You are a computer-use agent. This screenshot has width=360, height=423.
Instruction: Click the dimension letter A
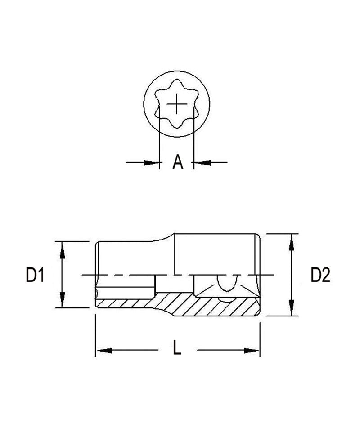[x=178, y=162]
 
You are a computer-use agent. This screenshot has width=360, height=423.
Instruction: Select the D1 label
[x=34, y=275]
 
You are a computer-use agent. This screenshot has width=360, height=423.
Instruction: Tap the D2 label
[x=320, y=275]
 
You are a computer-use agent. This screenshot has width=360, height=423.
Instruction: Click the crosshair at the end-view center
[x=178, y=104]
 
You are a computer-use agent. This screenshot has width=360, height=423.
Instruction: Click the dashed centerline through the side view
[x=135, y=275]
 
